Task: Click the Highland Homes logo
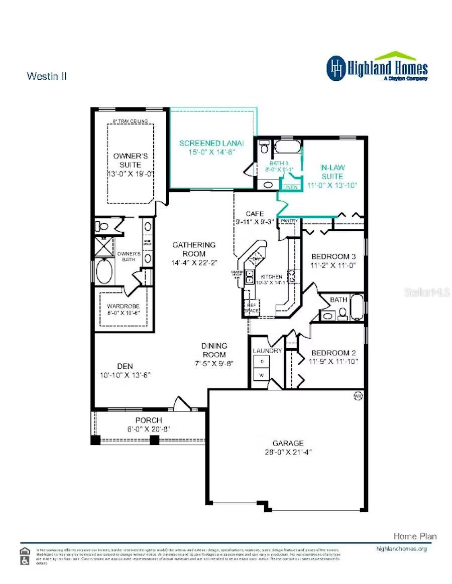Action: tap(377, 67)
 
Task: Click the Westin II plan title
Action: tap(47, 76)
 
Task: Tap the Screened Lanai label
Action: tap(207, 143)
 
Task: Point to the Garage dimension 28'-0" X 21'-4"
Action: tap(288, 452)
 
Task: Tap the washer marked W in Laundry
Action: tap(261, 375)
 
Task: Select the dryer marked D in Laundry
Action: tap(261, 362)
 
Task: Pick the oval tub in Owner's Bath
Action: tap(105, 271)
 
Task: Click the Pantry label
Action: tap(289, 221)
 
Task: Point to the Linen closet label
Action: tap(291, 187)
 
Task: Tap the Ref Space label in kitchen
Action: tap(251, 308)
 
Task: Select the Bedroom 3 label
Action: tap(333, 256)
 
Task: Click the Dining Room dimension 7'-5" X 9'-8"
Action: tap(214, 363)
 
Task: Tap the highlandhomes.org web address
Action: tap(401, 549)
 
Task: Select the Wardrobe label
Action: tap(123, 306)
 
